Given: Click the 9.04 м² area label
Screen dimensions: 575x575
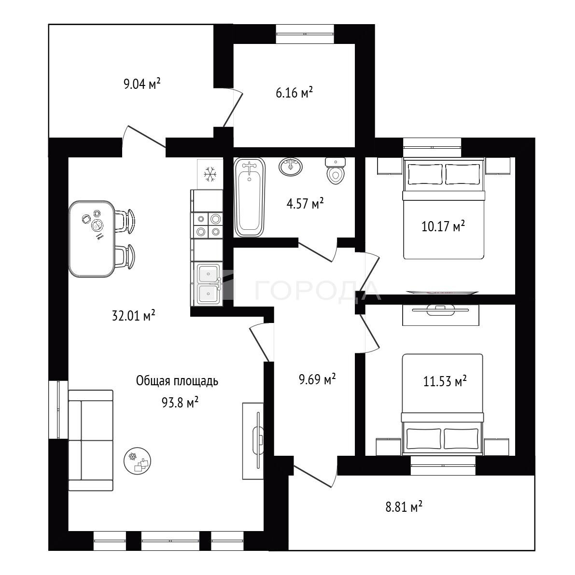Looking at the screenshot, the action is pos(142,84).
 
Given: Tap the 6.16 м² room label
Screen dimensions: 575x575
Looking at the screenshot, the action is pos(294,93).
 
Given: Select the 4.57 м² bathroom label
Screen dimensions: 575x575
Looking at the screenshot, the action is pos(305,204).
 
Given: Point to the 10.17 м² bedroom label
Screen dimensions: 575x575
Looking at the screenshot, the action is pos(443,226).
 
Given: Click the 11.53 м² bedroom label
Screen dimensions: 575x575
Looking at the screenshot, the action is pos(445,382).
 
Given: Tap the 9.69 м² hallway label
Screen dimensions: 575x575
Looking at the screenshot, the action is pos(318,379).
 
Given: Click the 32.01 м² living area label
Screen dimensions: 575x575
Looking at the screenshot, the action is pos(133,315).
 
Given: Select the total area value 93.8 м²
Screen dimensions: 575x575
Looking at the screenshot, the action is pos(180,403).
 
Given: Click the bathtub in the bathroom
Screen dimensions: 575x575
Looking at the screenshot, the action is pos(250,197).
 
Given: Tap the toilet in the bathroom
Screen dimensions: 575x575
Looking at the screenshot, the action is pos(335,171).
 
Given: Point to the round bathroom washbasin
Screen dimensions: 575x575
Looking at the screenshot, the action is pos(291,167).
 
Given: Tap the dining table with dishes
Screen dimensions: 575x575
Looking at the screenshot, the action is pos(91,238).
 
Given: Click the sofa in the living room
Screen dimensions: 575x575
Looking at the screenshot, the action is pos(91,440).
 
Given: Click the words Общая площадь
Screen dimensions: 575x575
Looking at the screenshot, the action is pos(177,381).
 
